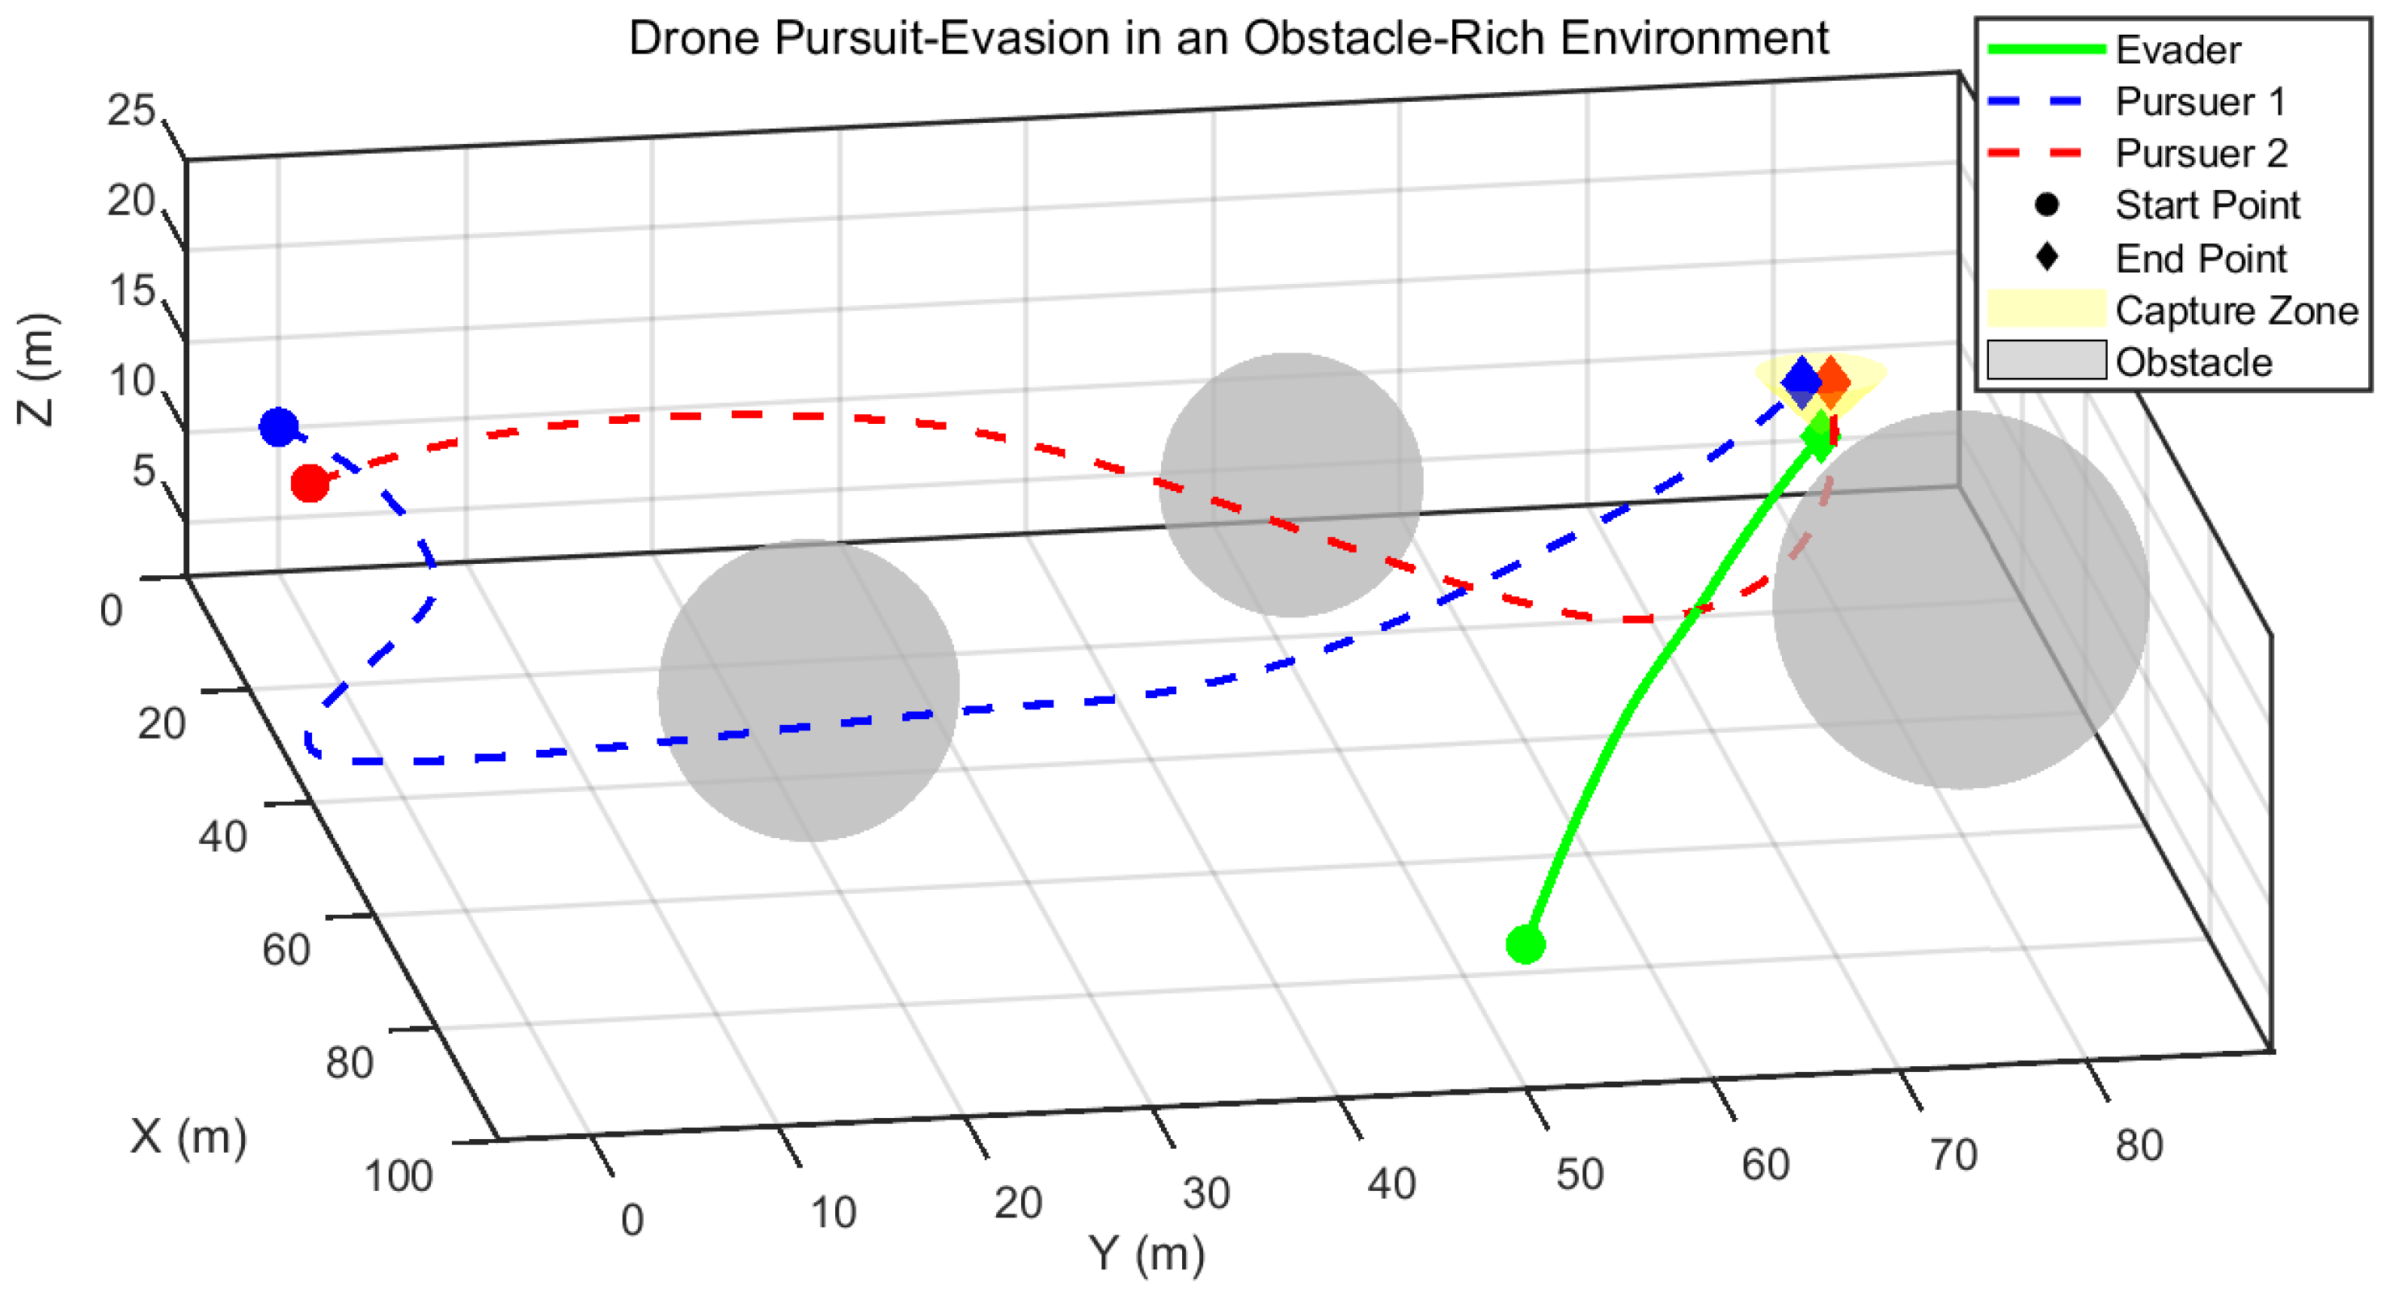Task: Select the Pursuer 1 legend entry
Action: click(x=2199, y=102)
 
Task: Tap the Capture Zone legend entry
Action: click(x=2235, y=311)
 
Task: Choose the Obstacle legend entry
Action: click(x=2193, y=362)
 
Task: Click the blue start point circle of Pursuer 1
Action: click(x=279, y=426)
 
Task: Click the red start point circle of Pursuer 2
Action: click(x=310, y=484)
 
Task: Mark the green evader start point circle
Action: click(x=1525, y=945)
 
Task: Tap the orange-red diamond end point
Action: click(x=1833, y=382)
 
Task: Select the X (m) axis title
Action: click(x=188, y=1136)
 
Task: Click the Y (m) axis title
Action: click(x=1146, y=1254)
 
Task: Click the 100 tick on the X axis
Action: click(x=398, y=1177)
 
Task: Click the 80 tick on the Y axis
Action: click(x=2139, y=1146)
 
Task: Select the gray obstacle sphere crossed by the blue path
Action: click(x=808, y=691)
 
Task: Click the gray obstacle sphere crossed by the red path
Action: click(x=1291, y=485)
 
